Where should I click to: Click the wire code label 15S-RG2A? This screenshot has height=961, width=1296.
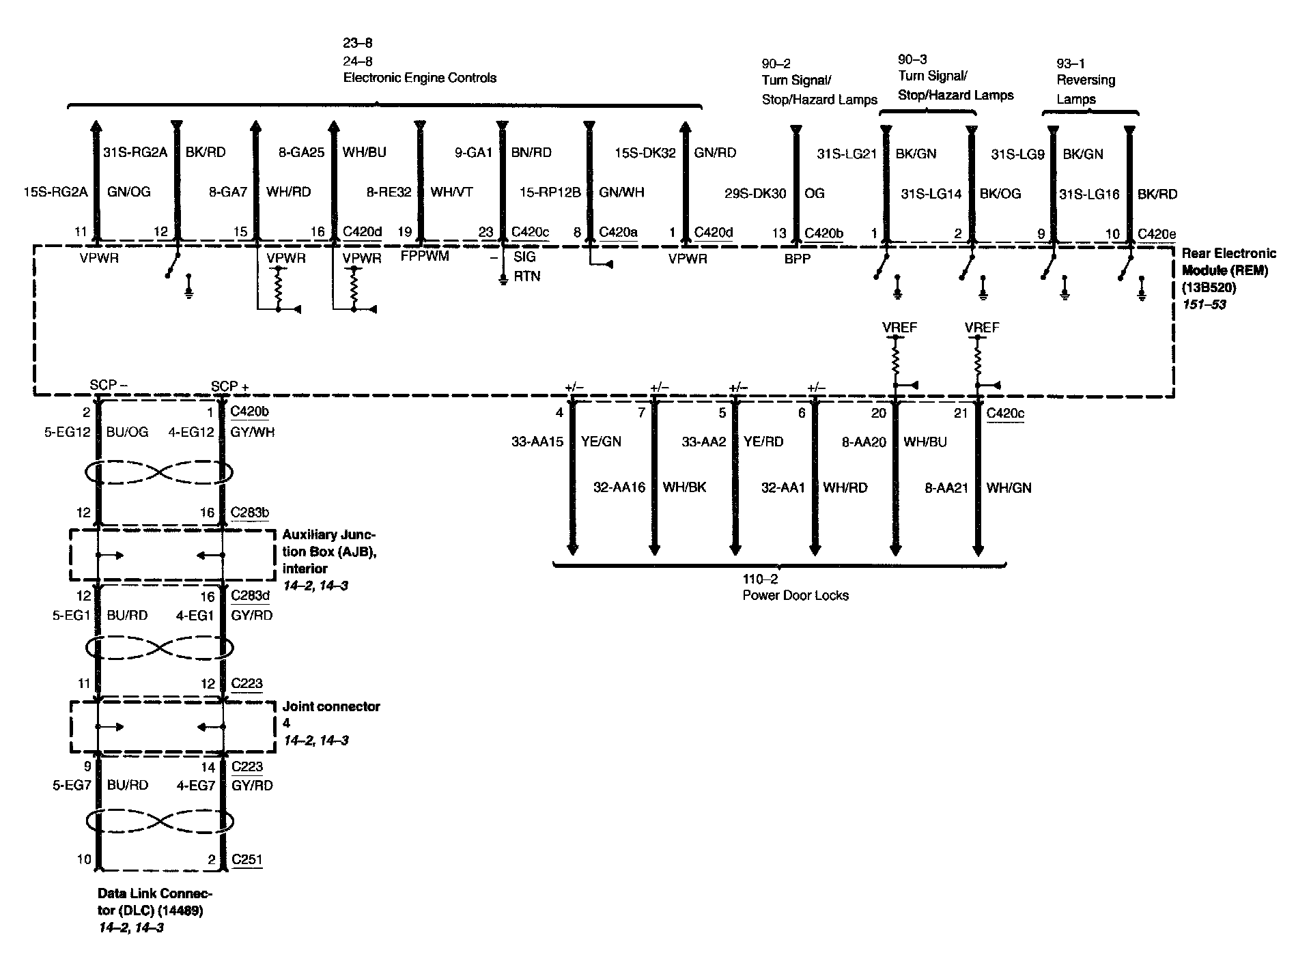pos(55,192)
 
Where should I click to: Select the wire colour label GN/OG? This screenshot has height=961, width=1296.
pos(129,192)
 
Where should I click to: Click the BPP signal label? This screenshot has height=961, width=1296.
pos(797,259)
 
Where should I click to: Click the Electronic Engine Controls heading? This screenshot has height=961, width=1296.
pos(419,78)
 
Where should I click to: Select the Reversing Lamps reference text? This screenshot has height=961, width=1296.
pos(1086,89)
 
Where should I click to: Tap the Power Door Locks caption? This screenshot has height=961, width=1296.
pos(795,595)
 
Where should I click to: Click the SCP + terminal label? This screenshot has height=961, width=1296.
pos(230,386)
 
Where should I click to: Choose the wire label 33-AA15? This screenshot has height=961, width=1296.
pos(537,442)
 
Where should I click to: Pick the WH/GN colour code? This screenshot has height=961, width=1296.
pos(1009,488)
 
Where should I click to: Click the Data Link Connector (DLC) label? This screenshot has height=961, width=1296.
pos(154,902)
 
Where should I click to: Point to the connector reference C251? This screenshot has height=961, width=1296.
pos(246,859)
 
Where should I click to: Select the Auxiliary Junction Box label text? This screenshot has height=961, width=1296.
pos(328,551)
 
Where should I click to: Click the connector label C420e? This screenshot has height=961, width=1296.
pos(1157,234)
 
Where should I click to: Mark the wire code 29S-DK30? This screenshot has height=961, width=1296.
pos(755,194)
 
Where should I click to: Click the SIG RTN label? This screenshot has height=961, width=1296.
pos(525,266)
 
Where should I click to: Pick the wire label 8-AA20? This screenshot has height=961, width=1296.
pos(864,442)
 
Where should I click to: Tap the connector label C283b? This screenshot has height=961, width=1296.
pos(250,513)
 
